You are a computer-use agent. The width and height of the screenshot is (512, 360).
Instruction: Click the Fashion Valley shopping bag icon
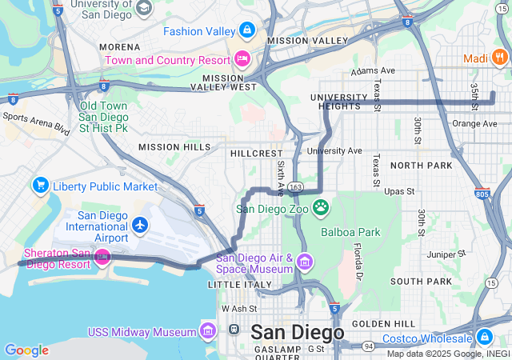coord(247,31)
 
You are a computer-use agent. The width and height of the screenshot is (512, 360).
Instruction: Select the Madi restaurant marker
coord(500,57)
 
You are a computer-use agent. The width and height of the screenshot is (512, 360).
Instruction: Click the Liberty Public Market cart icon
coord(40,186)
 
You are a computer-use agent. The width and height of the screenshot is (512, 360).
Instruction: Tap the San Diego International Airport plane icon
coord(141,226)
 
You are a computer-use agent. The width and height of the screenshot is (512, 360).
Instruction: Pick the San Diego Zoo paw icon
coord(321,208)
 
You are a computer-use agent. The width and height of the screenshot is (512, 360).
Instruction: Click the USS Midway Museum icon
coord(208,331)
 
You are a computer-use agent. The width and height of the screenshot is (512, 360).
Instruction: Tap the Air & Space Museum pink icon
coord(304,262)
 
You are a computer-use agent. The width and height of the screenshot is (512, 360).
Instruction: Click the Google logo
coord(26,350)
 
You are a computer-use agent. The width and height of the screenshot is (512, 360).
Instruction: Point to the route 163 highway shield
coord(296,186)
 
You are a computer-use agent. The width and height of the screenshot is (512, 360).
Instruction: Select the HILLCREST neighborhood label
coord(256,152)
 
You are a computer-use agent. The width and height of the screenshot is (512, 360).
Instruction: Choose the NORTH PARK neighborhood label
coord(421,165)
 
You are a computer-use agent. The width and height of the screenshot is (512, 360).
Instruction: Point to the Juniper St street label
coord(450,254)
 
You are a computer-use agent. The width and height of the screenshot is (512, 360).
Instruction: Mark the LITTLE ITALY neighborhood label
coord(240,284)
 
